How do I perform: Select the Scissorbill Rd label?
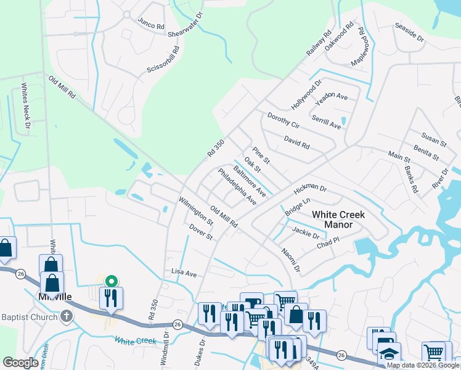163,60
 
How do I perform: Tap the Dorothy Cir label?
283,120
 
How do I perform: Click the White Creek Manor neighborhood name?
338,220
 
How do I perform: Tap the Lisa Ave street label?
183,273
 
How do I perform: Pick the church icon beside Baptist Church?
67,318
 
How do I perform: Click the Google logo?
21,363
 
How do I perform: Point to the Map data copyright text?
423,365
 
